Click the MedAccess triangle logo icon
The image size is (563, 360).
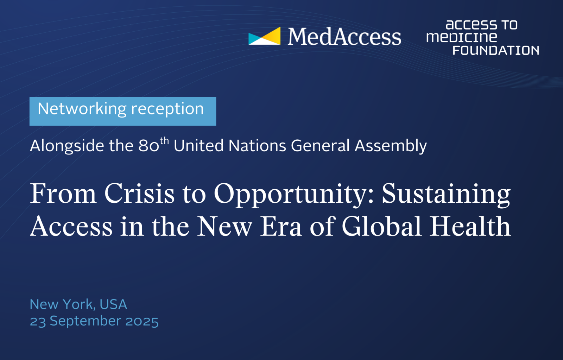pos(264,36)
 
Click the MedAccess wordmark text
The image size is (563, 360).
pos(344,37)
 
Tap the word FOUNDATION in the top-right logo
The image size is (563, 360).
pos(496,50)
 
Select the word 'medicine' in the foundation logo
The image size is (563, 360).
pos(461,37)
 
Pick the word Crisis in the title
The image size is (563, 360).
pos(139,193)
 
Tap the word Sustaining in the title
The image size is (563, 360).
pos(446,195)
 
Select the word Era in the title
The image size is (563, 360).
pos(281,227)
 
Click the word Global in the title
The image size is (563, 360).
pos(382,226)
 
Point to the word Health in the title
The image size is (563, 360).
pos(470,226)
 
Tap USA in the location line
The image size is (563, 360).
pos(113,304)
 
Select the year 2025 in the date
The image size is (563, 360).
pos(142,321)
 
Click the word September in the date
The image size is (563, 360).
pos(86,322)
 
